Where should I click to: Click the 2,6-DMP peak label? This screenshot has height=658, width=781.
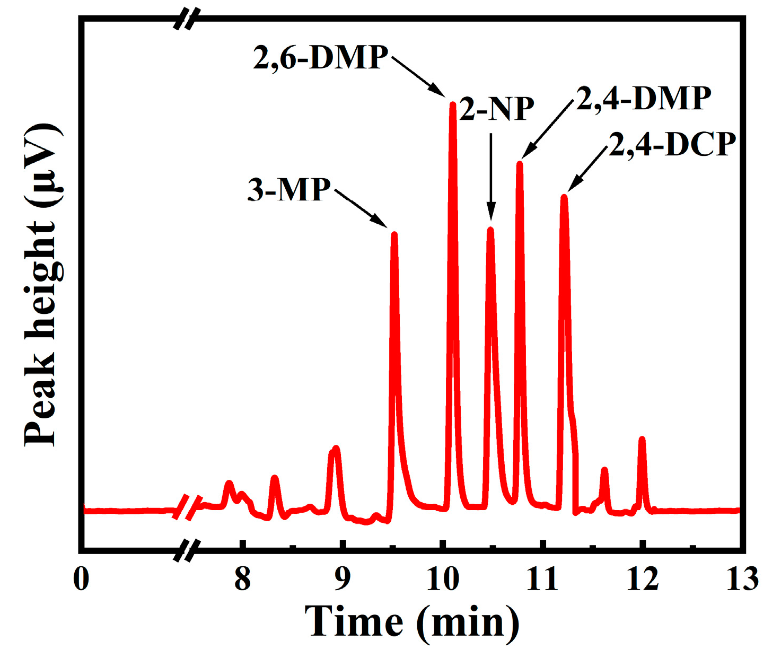point(321,58)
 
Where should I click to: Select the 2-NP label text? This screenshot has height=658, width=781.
point(497,109)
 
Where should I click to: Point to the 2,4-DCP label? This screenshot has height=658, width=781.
point(672,144)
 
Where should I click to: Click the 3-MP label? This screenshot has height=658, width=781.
point(289,189)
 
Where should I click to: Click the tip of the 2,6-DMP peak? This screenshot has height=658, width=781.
point(453,104)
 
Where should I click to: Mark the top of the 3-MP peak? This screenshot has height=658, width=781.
point(394,234)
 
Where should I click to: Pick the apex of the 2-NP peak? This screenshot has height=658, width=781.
point(490,230)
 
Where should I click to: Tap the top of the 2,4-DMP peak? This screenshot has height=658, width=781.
point(520,163)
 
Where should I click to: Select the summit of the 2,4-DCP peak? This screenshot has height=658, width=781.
point(564,197)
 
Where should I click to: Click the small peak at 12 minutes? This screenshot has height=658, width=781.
point(642,439)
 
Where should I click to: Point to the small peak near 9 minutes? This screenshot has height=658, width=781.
point(335,449)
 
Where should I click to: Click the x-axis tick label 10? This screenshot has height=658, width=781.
point(443,579)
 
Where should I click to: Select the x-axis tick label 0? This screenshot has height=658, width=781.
point(81,579)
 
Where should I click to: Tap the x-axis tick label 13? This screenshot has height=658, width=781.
point(742,579)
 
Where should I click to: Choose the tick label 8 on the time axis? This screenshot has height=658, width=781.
point(242,579)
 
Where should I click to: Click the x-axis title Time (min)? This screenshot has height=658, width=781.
point(412,621)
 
